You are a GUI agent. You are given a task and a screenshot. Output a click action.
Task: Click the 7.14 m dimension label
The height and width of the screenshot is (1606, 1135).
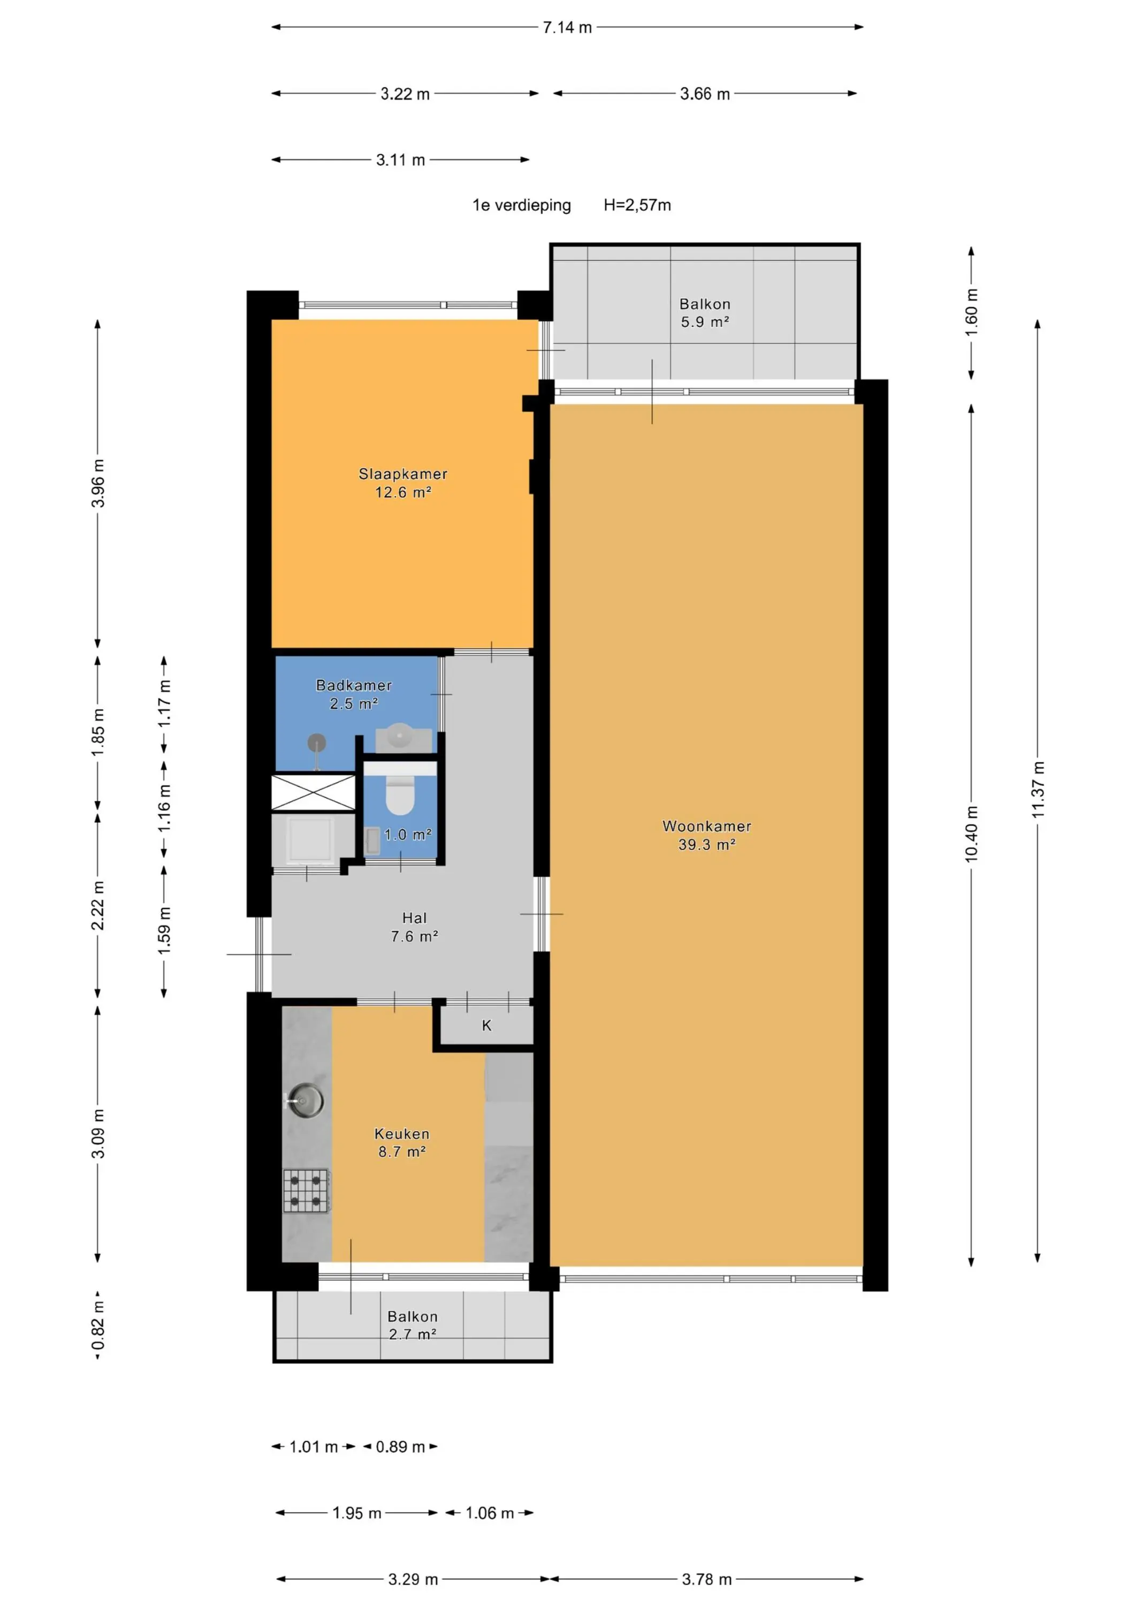click(x=567, y=27)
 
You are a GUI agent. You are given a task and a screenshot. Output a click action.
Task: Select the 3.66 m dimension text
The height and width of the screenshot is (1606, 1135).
click(x=704, y=94)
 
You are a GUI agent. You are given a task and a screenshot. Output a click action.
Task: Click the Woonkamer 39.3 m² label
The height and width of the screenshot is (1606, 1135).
click(x=706, y=835)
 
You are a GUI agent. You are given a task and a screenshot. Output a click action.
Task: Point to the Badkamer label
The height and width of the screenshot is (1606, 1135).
click(x=354, y=685)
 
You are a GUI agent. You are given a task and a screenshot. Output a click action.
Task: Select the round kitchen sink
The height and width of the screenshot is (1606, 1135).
click(x=306, y=1100)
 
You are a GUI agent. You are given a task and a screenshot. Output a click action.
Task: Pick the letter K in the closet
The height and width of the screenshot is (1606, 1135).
click(x=487, y=1026)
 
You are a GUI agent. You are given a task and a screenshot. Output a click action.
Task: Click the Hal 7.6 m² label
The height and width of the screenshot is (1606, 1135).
click(x=414, y=927)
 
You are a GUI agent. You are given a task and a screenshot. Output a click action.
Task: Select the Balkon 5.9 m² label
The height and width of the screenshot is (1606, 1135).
click(x=705, y=313)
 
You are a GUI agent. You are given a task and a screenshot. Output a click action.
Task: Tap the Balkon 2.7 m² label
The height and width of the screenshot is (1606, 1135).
click(x=413, y=1325)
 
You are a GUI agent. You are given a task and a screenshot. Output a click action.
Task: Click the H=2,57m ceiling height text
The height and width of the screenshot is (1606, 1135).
click(x=637, y=205)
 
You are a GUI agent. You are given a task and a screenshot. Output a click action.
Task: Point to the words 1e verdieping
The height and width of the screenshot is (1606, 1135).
click(x=522, y=205)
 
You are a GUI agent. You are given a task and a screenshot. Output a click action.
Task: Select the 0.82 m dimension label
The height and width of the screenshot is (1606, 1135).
click(x=98, y=1325)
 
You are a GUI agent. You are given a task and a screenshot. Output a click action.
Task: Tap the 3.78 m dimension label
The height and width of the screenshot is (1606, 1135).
click(x=706, y=1579)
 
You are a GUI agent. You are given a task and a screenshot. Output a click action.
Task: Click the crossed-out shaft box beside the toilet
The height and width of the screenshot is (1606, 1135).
click(x=313, y=792)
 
